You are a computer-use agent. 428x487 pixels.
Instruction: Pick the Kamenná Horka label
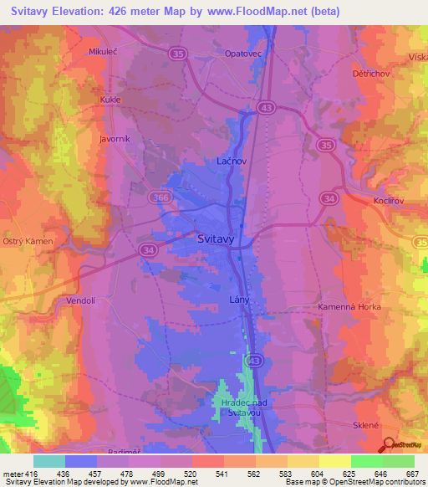point(349,307)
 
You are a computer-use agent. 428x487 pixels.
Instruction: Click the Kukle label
point(111,99)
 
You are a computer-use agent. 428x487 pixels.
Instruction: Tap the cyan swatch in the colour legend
point(49,461)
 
